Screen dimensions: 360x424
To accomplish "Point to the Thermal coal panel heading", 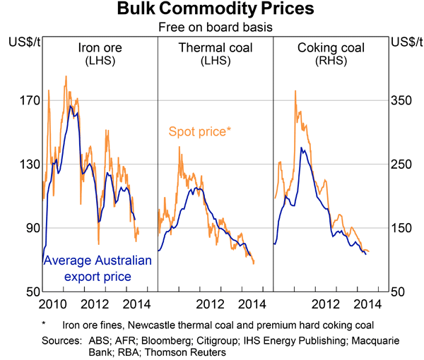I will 214,54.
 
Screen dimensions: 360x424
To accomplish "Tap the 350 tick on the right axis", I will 401,100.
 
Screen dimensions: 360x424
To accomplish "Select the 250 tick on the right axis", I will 401,164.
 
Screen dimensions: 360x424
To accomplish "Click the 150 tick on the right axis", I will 401,227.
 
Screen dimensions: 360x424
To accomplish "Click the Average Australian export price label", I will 98,268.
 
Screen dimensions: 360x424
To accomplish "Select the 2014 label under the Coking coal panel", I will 367,304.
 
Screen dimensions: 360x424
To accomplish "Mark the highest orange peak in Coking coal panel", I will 295,91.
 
